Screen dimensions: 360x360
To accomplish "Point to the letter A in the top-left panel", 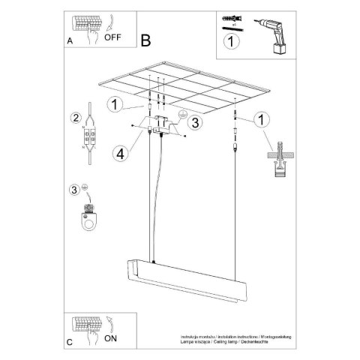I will (69, 42).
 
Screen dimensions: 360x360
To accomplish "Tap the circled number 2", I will (75, 118).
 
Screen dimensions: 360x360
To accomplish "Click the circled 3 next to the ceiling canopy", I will (194, 122).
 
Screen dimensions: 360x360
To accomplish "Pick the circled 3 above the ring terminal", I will (74, 189).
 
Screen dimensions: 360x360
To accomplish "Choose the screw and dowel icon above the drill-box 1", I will (229, 20).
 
